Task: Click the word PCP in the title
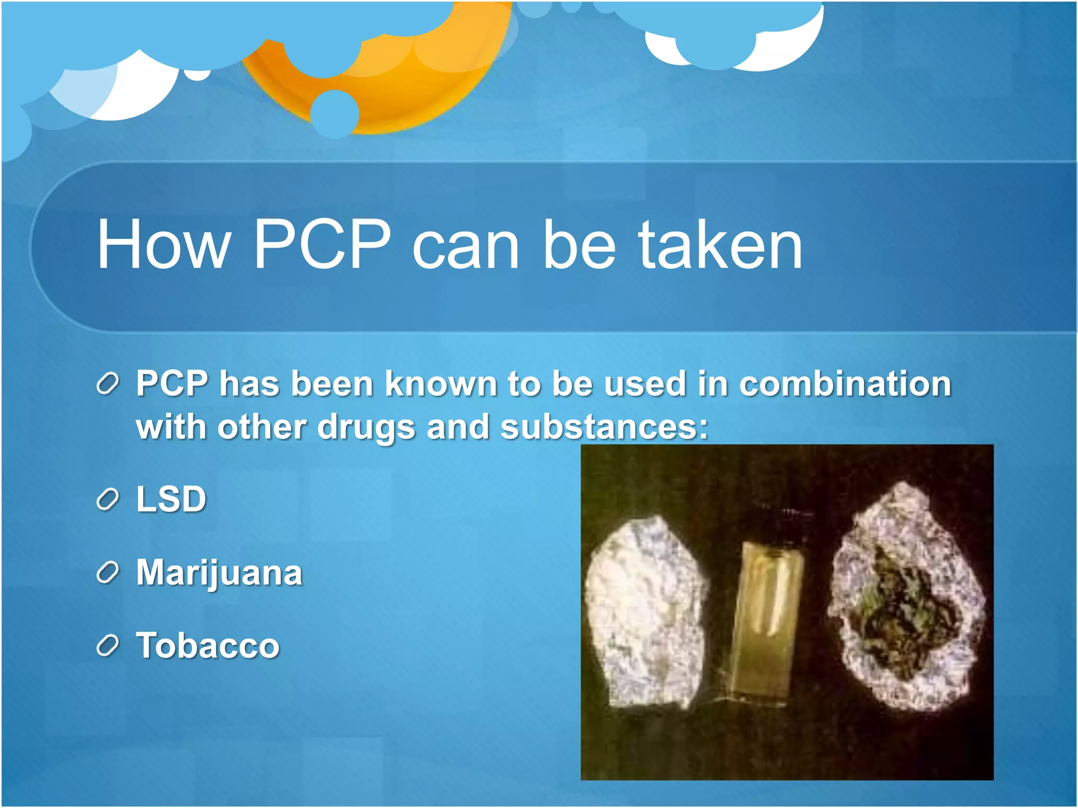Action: tap(322, 245)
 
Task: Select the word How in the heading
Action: tap(164, 245)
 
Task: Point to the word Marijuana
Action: tap(219, 573)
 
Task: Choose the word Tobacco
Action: tap(208, 646)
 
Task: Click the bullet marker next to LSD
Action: tap(108, 500)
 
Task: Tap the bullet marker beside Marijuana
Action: tap(108, 573)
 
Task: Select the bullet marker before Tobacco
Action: tap(108, 647)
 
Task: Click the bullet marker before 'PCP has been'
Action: tap(108, 384)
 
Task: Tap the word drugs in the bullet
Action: tap(366, 428)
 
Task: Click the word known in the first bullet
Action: tap(441, 383)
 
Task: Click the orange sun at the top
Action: tap(400, 79)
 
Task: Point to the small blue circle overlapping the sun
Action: tap(335, 114)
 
